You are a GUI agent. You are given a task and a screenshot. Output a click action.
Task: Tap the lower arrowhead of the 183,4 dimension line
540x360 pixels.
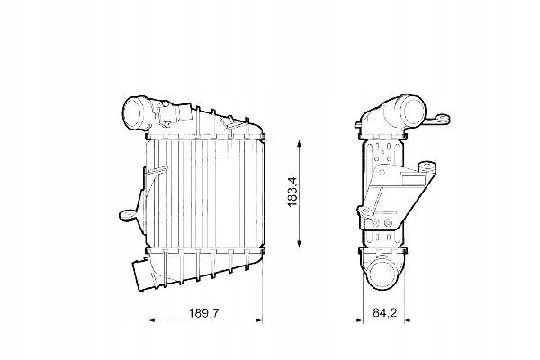click(298, 244)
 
